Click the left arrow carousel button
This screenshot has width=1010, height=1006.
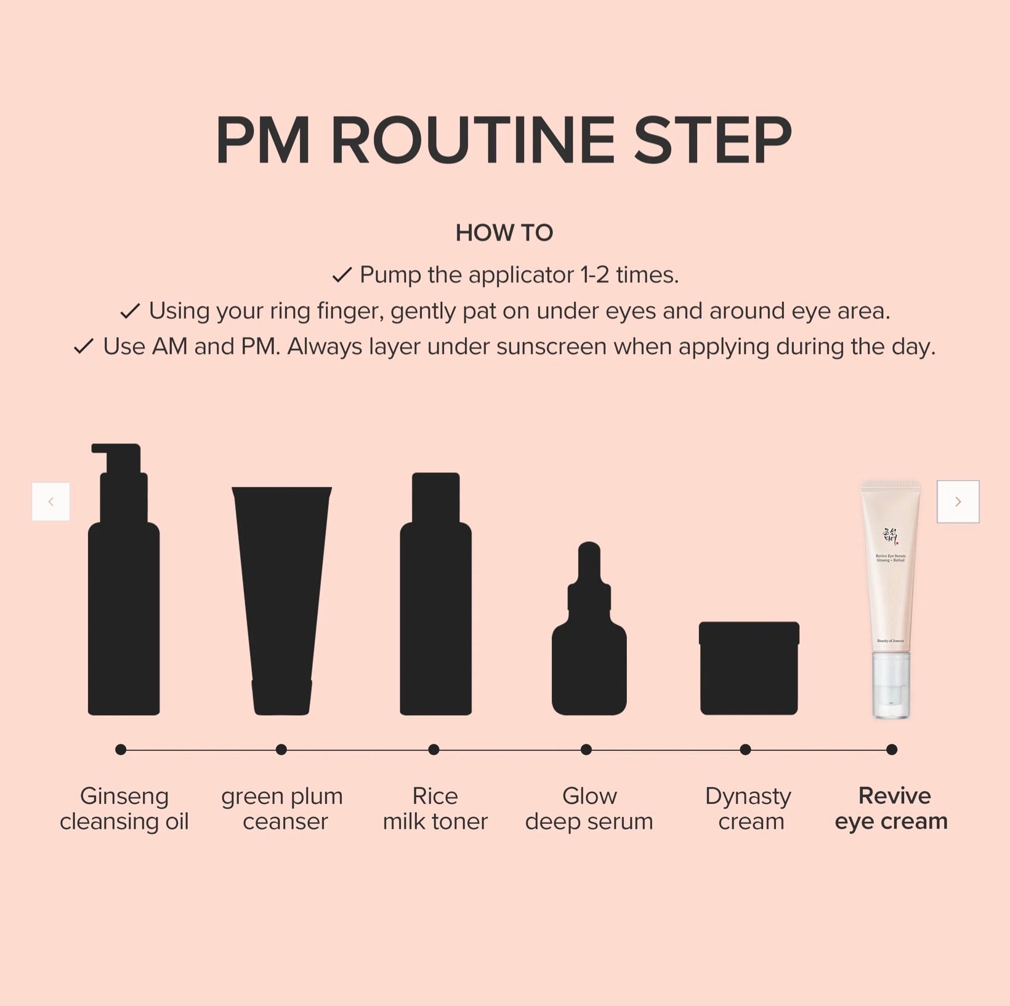tap(50, 502)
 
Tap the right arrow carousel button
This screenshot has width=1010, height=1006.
tap(958, 502)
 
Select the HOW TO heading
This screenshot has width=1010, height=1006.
tap(504, 233)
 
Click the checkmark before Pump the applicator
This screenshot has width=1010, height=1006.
tap(342, 275)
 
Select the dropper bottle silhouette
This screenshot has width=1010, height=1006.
tap(589, 646)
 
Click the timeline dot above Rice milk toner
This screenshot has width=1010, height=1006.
tap(434, 749)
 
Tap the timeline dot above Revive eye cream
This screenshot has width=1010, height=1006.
tap(891, 749)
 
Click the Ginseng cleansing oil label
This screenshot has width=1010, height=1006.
tap(124, 808)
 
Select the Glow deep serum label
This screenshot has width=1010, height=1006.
tap(589, 808)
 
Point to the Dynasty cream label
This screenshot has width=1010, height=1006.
tap(749, 808)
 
